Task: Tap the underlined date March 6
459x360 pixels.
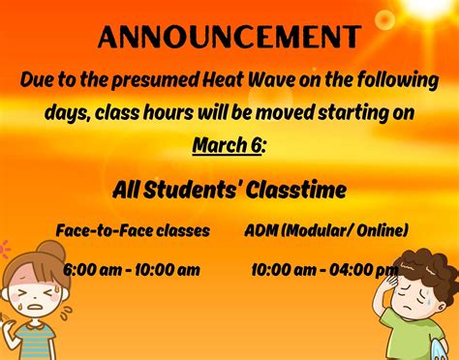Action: pos(227,144)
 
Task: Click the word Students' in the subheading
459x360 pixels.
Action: pos(189,190)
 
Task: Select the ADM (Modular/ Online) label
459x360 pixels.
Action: pos(326,230)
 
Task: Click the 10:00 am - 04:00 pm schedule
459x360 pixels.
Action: pos(324,269)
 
